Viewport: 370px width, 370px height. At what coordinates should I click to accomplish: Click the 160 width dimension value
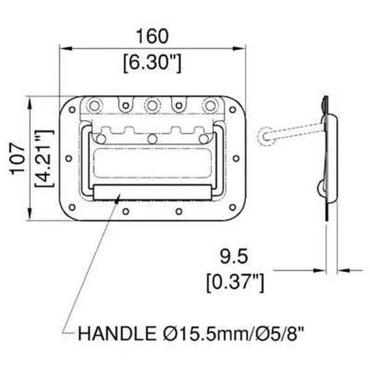click(x=152, y=36)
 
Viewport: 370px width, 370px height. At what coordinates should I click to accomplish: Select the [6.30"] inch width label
click(x=152, y=62)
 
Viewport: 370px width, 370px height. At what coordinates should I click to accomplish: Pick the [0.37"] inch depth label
click(x=235, y=282)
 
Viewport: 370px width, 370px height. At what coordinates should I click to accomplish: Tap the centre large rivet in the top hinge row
click(x=152, y=106)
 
